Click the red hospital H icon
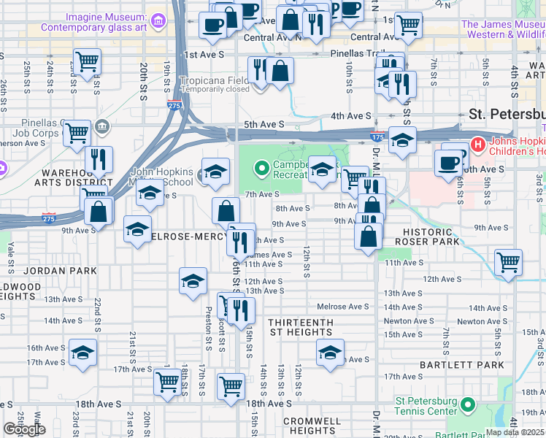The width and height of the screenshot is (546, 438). coord(478,143)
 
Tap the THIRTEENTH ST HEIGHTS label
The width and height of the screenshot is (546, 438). coord(300,327)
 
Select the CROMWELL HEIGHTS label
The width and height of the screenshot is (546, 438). coord(312,426)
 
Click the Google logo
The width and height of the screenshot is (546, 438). coord(24,429)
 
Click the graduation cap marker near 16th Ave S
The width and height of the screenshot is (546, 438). coord(83,353)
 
